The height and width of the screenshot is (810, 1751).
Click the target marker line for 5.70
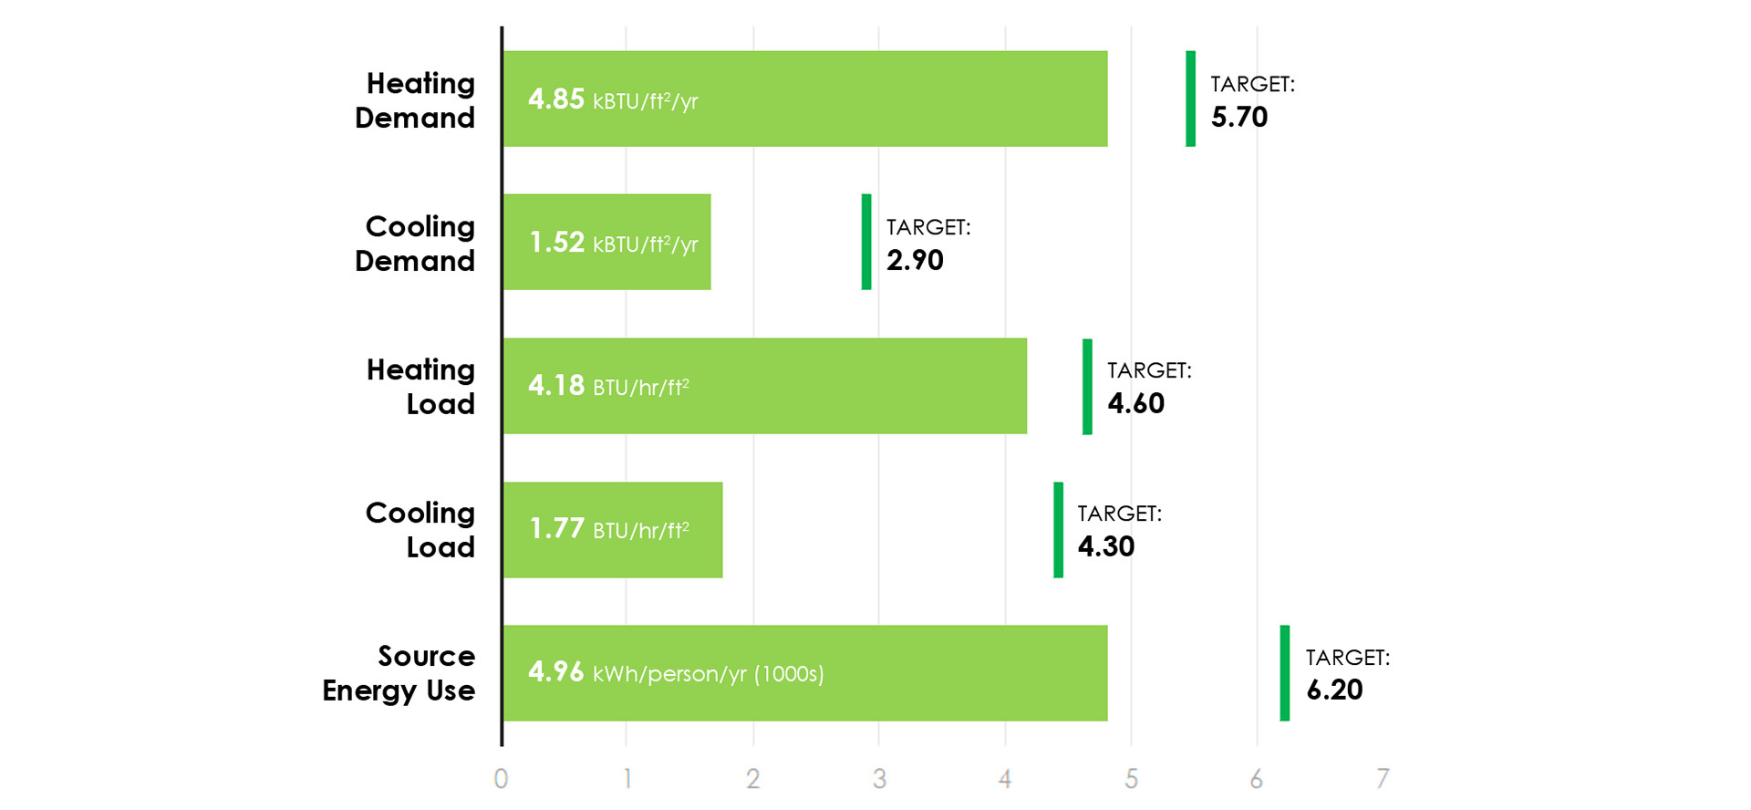(x=1190, y=99)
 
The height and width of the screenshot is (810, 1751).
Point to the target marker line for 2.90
(x=866, y=242)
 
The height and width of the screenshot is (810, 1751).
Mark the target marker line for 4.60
(x=1087, y=386)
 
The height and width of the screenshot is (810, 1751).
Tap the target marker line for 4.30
(x=1058, y=529)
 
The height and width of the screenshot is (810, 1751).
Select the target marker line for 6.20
(x=1285, y=673)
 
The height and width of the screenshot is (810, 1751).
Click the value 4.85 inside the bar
(x=556, y=99)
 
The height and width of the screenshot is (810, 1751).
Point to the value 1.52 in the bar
(x=556, y=242)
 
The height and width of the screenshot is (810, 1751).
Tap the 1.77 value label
(x=556, y=529)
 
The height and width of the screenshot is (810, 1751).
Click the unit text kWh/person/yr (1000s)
(x=709, y=674)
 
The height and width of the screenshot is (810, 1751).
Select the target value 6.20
(x=1334, y=690)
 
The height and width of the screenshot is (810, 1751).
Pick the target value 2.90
(x=915, y=260)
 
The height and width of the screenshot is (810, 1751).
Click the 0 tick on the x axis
(x=501, y=778)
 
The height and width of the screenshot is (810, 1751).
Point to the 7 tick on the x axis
(x=1383, y=778)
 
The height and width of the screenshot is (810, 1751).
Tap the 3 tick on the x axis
(x=879, y=778)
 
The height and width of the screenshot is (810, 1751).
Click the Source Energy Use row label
(x=399, y=673)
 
